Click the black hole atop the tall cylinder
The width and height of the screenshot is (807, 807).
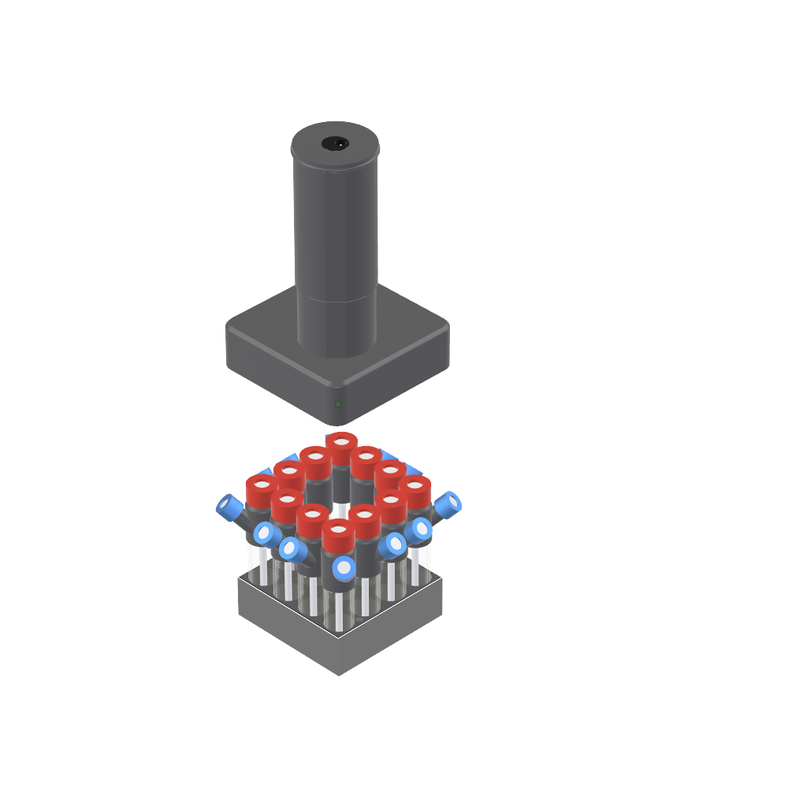click(x=335, y=143)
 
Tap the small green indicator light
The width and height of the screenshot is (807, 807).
click(x=338, y=404)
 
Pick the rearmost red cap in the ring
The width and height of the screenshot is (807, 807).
click(x=340, y=442)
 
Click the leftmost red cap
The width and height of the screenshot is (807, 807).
click(x=260, y=487)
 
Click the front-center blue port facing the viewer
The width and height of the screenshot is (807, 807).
click(x=344, y=567)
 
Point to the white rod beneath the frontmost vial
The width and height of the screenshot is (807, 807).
click(x=339, y=611)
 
